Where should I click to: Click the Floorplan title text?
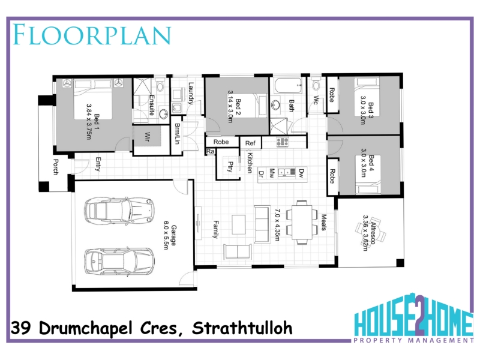point(92,35)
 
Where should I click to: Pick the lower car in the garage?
point(119,262)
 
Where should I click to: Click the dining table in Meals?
point(302,222)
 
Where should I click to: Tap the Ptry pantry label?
point(230,167)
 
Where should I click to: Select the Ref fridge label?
point(250,143)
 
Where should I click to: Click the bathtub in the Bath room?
point(289,86)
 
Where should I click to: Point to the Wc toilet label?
point(316,100)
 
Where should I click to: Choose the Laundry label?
point(191,94)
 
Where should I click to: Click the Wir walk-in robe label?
point(148,137)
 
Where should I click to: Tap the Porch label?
point(56,167)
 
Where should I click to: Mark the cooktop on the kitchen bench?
point(282,142)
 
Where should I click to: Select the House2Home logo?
point(413,319)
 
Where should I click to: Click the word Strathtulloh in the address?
point(242,328)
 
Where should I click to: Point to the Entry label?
point(98,164)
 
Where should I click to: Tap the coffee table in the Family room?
point(238,224)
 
